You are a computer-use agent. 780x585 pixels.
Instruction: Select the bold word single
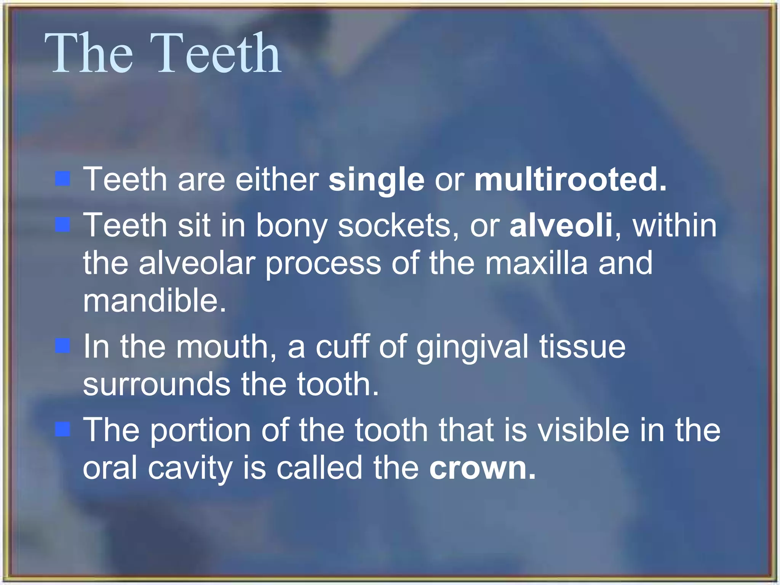click(376, 179)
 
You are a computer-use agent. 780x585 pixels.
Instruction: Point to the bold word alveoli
click(561, 225)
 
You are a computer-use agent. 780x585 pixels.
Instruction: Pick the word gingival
click(472, 347)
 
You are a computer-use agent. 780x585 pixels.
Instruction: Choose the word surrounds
click(157, 384)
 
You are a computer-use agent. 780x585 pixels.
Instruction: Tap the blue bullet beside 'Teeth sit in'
click(63, 225)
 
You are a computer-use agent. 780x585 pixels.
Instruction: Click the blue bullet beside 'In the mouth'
click(63, 346)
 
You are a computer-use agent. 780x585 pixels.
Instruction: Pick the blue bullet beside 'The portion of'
click(63, 429)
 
